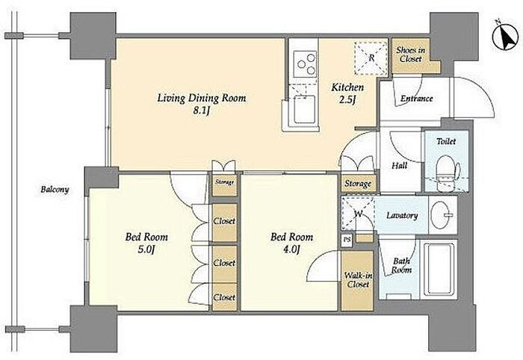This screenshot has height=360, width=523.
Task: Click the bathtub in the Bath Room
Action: pos(439,270)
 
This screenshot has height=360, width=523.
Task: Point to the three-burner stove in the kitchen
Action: pos(305,63)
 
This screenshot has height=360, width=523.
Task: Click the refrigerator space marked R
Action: pos(371,58)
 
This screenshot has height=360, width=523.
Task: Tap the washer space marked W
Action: pos(358,214)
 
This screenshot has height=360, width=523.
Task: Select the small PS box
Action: pos(347,240)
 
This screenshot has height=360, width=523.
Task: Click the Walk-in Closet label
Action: pos(358,280)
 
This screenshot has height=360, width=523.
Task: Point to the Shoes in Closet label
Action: pos(411,55)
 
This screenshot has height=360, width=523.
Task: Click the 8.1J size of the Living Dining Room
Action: pos(201,111)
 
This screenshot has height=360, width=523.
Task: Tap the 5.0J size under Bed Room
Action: pos(146,249)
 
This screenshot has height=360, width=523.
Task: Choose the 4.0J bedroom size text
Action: pos(291,249)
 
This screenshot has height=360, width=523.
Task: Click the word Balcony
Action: pos(55,190)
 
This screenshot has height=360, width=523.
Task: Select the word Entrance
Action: pos(417,99)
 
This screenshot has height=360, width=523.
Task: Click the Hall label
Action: pos(399,165)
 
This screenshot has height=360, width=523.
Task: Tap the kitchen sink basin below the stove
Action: pos(304,108)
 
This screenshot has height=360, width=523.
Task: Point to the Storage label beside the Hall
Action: pos(358,184)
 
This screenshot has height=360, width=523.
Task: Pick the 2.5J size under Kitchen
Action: pos(347,100)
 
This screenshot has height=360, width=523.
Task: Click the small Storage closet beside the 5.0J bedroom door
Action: pos(224,185)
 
